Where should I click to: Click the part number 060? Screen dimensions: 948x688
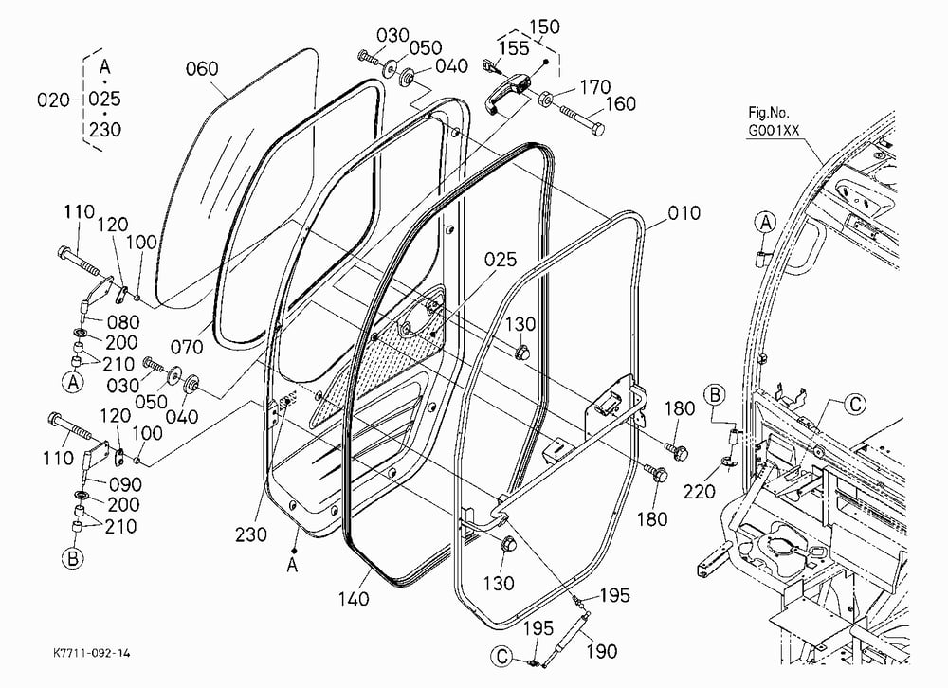pyautogui.click(x=201, y=69)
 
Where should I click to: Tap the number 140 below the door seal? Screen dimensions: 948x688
pyautogui.click(x=353, y=599)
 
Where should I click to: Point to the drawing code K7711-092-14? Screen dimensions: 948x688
pyautogui.click(x=91, y=653)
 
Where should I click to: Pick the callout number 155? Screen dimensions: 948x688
pyautogui.click(x=514, y=48)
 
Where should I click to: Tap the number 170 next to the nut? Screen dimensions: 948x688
pyautogui.click(x=595, y=88)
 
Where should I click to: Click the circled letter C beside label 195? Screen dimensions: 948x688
pyautogui.click(x=501, y=657)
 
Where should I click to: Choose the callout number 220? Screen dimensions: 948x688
pyautogui.click(x=699, y=492)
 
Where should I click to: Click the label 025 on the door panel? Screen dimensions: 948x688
pyautogui.click(x=501, y=260)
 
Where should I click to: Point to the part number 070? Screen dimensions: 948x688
pyautogui.click(x=186, y=348)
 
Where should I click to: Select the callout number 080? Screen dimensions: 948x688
pyautogui.click(x=122, y=322)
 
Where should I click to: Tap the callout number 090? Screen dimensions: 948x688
pyautogui.click(x=125, y=485)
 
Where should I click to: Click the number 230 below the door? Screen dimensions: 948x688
pyautogui.click(x=250, y=534)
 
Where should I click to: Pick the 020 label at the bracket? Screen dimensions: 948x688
pyautogui.click(x=53, y=100)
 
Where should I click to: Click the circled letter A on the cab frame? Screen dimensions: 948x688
pyautogui.click(x=765, y=223)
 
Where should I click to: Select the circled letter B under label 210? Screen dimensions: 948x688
pyautogui.click(x=73, y=558)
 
